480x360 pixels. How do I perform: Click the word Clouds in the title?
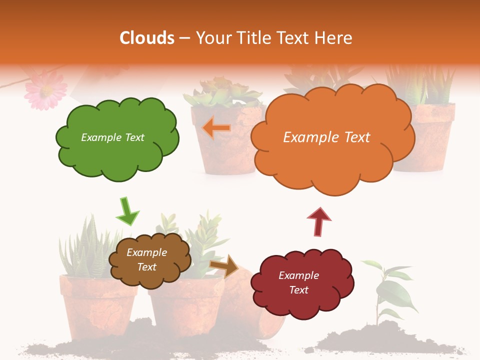tap(147, 38)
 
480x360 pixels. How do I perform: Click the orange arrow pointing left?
tap(217, 128)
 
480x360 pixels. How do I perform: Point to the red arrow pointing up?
tap(319, 221)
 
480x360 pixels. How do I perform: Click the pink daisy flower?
tap(45, 89)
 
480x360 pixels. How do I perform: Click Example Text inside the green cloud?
tap(112, 137)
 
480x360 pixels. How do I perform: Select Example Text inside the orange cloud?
tap(326, 137)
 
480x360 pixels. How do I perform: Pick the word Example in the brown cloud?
tap(146, 252)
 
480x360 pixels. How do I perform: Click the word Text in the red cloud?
tap(298, 290)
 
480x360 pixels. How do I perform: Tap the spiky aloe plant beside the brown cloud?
tap(87, 247)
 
